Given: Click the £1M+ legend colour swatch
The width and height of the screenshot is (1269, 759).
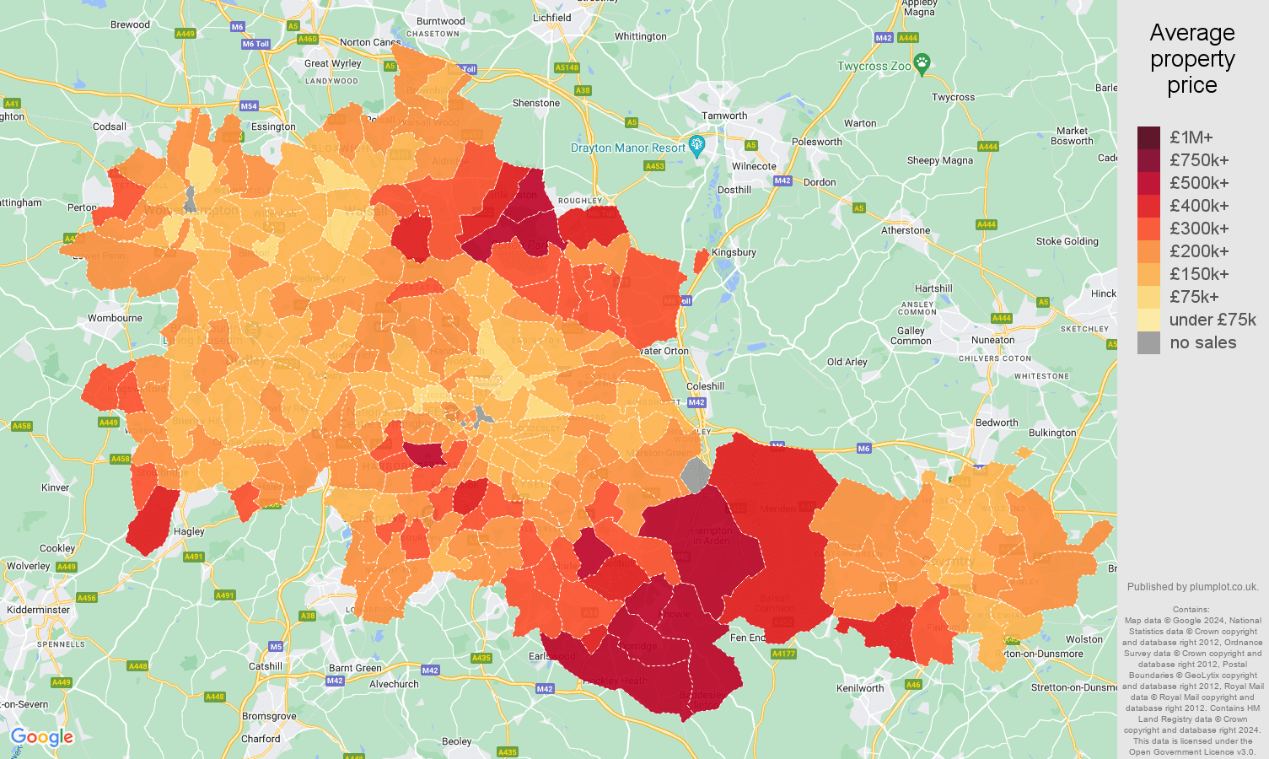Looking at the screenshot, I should coord(1148,137).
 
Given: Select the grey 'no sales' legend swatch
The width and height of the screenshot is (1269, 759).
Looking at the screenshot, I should coord(1148,342).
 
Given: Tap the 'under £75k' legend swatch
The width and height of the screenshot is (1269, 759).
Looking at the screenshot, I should coord(1148,320).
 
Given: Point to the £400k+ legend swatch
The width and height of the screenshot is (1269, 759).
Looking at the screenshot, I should coord(1148,206).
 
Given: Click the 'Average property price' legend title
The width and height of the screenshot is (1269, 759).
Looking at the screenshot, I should coord(1191,59).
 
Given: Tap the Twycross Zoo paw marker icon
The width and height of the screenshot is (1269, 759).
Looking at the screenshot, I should coord(922,63).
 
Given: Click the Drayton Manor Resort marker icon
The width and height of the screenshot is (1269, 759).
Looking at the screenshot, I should coord(696,146).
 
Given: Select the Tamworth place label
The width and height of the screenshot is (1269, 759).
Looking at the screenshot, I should coord(724,116).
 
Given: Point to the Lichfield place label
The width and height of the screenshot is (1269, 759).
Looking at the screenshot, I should coord(551,18).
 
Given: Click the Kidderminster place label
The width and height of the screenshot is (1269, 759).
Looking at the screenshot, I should coord(39,610).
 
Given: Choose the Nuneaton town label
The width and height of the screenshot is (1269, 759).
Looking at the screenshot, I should coord(992,340).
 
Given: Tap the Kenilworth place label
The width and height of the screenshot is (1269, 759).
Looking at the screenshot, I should coord(860,688).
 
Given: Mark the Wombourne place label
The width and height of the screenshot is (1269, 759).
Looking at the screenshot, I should coord(115,318).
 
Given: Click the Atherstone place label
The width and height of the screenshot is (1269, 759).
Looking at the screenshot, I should coord(906,230).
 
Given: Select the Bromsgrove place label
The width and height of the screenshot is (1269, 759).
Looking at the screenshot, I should coord(269,716).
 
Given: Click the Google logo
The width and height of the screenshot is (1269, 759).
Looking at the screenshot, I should coord(42,737).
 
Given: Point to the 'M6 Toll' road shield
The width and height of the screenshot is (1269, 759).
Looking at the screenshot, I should coord(255,44).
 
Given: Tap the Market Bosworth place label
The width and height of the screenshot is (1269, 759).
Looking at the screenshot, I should coord(1072,136).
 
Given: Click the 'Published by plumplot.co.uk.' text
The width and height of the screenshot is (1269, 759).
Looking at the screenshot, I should coord(1192,587).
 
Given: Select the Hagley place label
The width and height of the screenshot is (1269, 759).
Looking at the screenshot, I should coord(189,531).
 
